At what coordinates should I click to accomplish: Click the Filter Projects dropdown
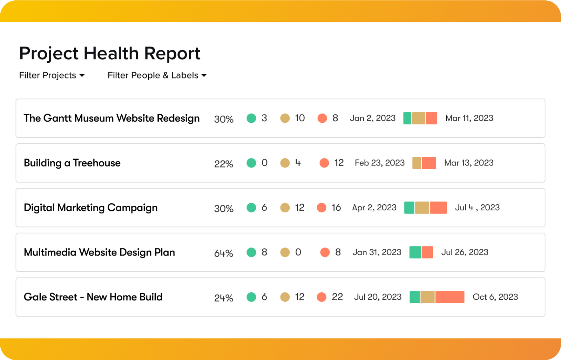pos(52,75)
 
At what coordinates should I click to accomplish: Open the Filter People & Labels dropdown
pos(157,75)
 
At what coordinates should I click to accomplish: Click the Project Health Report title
pos(109,53)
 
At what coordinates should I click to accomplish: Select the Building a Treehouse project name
pos(72,163)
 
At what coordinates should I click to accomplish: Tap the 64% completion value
pos(223,253)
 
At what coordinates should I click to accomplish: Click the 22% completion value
pos(223,164)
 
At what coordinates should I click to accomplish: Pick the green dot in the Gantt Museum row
pos(251,118)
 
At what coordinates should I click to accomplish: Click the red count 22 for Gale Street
pos(337,297)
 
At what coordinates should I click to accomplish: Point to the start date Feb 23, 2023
pos(379,163)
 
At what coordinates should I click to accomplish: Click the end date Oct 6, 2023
pos(495,297)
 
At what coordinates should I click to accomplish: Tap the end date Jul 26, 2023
pos(465,252)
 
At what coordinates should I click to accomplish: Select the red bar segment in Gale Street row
pos(450,297)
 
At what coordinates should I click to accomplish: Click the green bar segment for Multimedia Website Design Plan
pos(415,252)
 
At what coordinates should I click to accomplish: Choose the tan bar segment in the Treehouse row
pos(417,163)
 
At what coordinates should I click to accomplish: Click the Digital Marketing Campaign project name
pos(90,208)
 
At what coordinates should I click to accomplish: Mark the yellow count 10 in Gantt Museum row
pos(300,118)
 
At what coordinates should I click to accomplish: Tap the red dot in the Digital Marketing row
pos(322,208)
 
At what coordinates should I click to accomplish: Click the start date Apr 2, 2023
pos(374,208)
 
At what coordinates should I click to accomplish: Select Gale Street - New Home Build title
pos(93,297)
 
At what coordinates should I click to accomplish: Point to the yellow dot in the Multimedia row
pos(285,252)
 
